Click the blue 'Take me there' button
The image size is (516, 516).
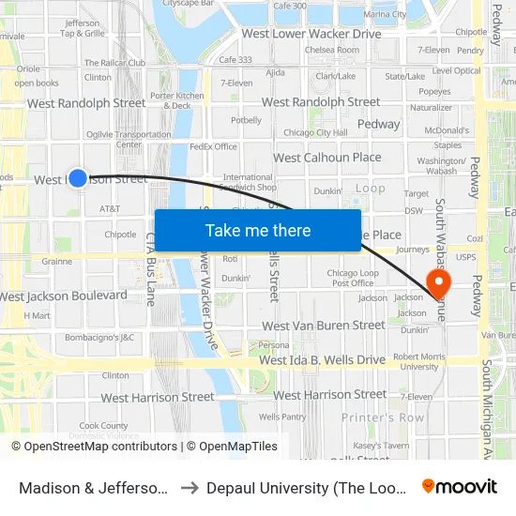(257, 231)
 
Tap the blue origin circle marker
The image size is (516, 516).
(78, 177)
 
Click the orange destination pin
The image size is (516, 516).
(438, 283)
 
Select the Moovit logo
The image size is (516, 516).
(459, 486)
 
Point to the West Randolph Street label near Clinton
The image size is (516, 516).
(86, 103)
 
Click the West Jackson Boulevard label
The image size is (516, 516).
(64, 296)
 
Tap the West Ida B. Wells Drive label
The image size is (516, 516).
(322, 360)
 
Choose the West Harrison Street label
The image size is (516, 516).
(157, 397)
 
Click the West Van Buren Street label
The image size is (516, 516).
(323, 326)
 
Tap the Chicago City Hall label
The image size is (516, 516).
(317, 133)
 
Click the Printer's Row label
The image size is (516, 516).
(382, 417)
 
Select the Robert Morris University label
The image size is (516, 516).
(416, 361)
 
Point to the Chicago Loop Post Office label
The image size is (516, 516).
(352, 278)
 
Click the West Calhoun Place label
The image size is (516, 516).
(326, 158)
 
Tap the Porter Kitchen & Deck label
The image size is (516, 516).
(176, 100)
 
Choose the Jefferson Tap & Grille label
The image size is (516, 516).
(83, 28)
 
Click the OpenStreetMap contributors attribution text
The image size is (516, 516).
(94, 447)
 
